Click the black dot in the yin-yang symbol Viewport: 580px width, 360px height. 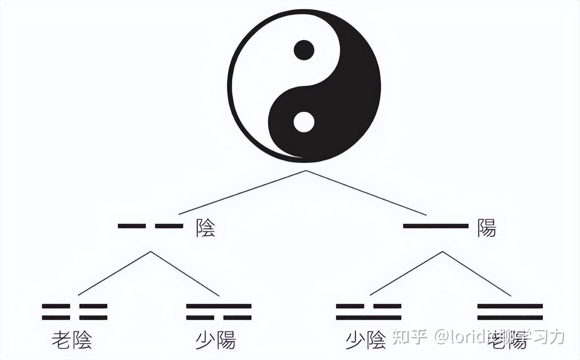pos(304,50)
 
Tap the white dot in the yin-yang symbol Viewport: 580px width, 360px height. pos(304,122)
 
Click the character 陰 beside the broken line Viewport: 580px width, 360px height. pos(206,228)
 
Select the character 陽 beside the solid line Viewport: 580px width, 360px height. pos(487,228)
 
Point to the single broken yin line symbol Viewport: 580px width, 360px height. pos(150,226)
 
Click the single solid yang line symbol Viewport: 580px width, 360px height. pos(435,226)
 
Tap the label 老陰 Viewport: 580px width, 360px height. pos(72,340)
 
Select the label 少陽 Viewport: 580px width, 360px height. pos(215,340)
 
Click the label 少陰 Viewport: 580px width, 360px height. pos(366,340)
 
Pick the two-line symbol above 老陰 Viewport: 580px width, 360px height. pos(75,312)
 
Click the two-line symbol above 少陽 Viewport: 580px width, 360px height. pos(219,312)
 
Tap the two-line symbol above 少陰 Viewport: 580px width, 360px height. pos(369,312)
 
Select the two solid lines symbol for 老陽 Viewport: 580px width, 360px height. pos(510,312)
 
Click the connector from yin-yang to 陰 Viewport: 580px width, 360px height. pos(242,192)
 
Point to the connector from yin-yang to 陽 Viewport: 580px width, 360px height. pos(366,193)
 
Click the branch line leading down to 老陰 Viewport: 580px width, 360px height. pos(114,273)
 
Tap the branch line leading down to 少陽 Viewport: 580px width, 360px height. pos(185,274)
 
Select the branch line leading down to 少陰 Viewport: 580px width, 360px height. pos(406,273)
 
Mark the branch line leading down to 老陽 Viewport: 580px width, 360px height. pos(477,274)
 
